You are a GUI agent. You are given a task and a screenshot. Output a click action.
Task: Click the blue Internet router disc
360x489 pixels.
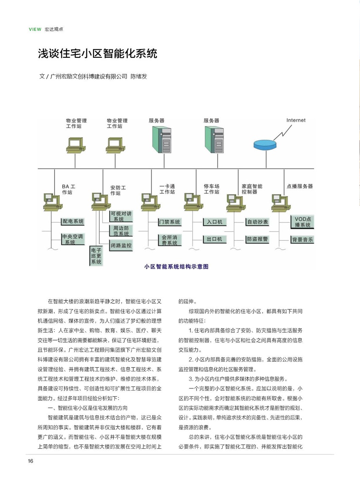[x=265, y=144]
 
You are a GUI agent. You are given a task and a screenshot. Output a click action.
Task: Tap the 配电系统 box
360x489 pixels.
[x=73, y=222]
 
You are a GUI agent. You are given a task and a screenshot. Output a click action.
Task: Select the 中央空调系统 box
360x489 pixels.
[x=73, y=239]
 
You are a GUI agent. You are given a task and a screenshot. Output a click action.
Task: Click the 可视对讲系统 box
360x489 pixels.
[x=121, y=216]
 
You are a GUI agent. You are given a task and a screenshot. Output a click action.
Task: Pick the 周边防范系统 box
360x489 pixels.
[x=121, y=231]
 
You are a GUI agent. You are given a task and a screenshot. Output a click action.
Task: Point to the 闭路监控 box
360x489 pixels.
[x=121, y=246]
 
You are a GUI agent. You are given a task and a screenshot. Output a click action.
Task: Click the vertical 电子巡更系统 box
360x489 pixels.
[x=96, y=256]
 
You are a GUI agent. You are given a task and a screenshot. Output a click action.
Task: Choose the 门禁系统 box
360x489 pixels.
[x=169, y=222]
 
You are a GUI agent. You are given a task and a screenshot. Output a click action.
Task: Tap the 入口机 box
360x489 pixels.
[x=215, y=222]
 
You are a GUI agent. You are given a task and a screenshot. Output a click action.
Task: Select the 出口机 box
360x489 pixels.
[x=215, y=239]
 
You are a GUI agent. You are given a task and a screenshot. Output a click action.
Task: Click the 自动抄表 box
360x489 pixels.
[x=257, y=222]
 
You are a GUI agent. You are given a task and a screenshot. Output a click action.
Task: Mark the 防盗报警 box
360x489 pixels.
[x=257, y=239]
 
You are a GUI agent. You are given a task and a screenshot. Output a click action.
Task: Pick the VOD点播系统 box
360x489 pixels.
[x=302, y=222]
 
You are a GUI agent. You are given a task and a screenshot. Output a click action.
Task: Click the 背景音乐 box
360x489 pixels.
[x=302, y=240]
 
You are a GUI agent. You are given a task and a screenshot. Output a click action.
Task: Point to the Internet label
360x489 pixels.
[x=296, y=120]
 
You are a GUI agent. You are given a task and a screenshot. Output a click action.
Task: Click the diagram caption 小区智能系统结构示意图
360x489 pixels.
[x=176, y=267]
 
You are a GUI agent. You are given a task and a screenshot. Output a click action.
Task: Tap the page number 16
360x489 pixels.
[x=30, y=461]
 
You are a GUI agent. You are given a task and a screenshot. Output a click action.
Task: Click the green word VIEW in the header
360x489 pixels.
[x=35, y=29]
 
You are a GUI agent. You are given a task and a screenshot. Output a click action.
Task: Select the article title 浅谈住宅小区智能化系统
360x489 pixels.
[x=97, y=53]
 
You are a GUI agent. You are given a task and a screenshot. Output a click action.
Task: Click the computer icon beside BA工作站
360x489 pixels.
[x=52, y=201]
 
